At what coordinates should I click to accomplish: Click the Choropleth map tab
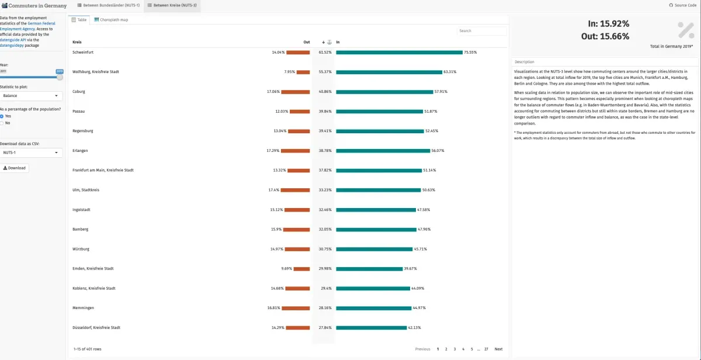[110, 20]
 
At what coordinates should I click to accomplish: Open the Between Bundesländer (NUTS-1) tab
[107, 5]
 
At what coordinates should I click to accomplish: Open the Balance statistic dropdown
[31, 95]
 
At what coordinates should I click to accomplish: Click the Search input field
[481, 31]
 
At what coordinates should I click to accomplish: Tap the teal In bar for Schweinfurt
[399, 53]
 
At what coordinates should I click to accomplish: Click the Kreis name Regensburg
[83, 131]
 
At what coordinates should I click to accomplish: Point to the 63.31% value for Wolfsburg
[450, 72]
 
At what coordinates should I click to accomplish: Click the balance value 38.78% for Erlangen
[325, 151]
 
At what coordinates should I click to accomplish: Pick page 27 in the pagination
[486, 349]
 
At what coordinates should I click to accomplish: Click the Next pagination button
[498, 349]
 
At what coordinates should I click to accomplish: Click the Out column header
[307, 42]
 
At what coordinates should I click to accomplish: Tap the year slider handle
[60, 77]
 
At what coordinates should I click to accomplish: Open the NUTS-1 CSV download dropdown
[31, 153]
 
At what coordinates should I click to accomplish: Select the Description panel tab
[524, 62]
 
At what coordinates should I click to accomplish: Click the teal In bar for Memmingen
[374, 308]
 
